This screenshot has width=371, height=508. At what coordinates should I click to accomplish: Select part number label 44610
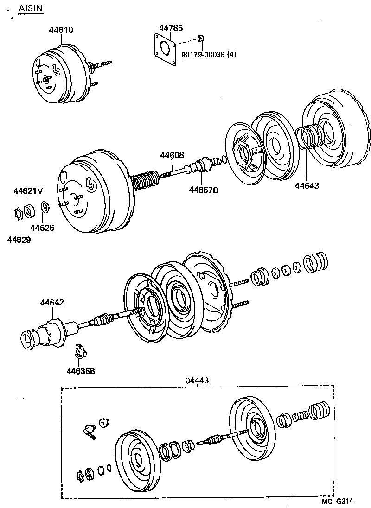(x=61, y=30)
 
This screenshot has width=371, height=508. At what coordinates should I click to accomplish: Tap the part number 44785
(x=167, y=28)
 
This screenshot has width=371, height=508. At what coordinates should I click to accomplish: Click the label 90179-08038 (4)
(x=209, y=54)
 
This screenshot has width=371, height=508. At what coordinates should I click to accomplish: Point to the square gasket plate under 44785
(x=164, y=49)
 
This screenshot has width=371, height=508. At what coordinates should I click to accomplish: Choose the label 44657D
(x=203, y=189)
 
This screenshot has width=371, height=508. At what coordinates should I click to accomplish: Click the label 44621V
(x=28, y=191)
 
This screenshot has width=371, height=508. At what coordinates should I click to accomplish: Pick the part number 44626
(x=42, y=228)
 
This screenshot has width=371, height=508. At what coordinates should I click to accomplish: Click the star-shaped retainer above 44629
(x=17, y=215)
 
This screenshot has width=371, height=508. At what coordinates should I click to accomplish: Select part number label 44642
(x=52, y=303)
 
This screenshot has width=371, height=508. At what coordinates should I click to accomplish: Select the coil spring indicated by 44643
(x=306, y=137)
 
